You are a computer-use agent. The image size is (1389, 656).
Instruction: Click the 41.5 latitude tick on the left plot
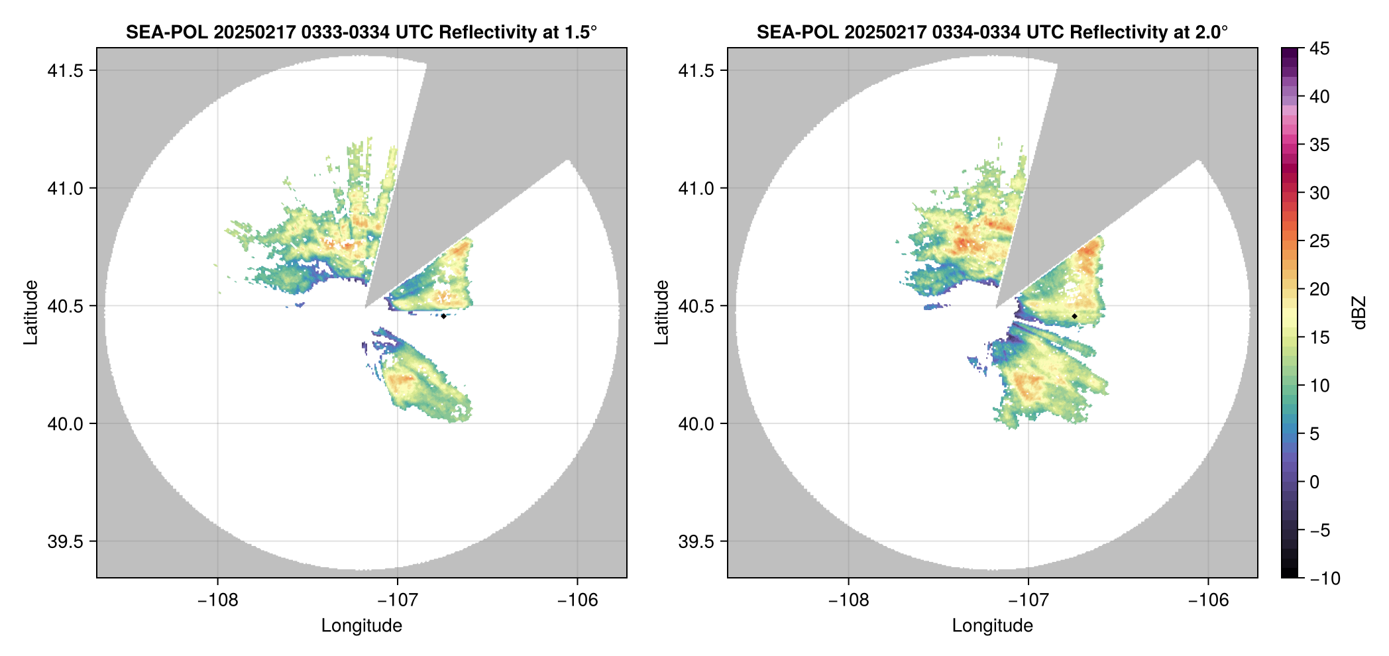click(x=65, y=71)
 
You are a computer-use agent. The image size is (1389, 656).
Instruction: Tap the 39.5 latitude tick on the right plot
click(x=696, y=542)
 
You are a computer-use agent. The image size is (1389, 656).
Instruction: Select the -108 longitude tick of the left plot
click(x=217, y=600)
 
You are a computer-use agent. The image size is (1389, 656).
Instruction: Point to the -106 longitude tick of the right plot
click(x=1208, y=600)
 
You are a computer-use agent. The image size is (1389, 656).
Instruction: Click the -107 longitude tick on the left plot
click(x=397, y=600)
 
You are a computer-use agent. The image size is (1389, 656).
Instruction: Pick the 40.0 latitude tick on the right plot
click(x=696, y=424)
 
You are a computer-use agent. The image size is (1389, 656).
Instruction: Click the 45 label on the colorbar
click(x=1319, y=49)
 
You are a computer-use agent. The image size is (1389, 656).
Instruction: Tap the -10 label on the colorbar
click(x=1325, y=578)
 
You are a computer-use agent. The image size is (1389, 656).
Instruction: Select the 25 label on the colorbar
click(x=1319, y=241)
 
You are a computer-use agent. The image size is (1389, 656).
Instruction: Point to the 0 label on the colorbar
click(x=1315, y=482)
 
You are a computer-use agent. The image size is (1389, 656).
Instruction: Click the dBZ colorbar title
click(x=1359, y=313)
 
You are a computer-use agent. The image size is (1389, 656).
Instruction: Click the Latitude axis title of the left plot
click(x=30, y=312)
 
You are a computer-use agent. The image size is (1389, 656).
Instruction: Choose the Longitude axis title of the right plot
click(x=992, y=626)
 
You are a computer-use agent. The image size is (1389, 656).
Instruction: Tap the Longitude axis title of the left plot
click(x=361, y=626)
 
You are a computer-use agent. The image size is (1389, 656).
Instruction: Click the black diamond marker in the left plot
click(x=443, y=316)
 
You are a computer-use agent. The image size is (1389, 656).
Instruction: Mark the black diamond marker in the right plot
click(x=1074, y=316)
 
